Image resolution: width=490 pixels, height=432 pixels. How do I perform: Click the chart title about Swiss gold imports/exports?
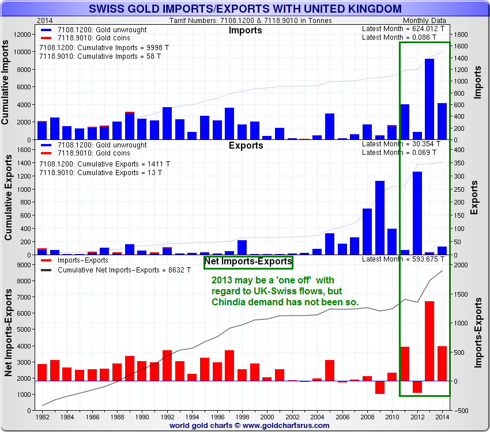[x=245, y=9]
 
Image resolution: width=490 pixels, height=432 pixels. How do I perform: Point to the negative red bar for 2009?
[x=379, y=388]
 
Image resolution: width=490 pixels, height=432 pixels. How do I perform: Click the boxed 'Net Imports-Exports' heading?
[x=248, y=262]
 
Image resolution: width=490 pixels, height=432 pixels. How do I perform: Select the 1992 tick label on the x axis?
[x=167, y=416]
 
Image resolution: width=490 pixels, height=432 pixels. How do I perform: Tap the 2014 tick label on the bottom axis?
[x=442, y=416]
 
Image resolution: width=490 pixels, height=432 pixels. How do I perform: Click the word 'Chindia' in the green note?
[x=229, y=302]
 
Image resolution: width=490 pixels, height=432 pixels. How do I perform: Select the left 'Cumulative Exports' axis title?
[x=9, y=199]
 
